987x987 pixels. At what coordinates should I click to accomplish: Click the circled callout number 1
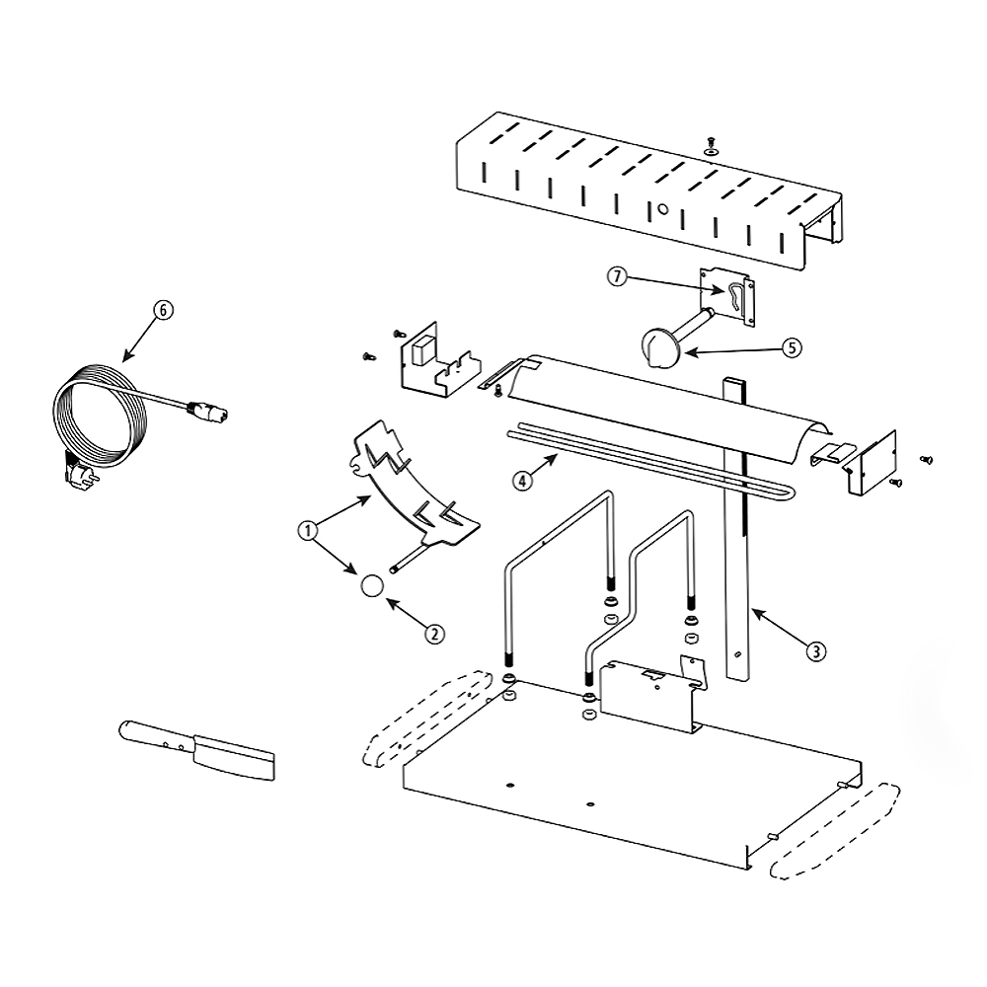[307, 531]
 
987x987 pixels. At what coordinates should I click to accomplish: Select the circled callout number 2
[434, 634]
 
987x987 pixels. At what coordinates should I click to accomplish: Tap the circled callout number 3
[816, 650]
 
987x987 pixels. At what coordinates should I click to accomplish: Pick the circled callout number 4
[522, 481]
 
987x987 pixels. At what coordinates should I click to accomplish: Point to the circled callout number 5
[792, 347]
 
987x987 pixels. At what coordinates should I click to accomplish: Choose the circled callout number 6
[163, 310]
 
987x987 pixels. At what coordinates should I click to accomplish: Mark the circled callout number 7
[618, 275]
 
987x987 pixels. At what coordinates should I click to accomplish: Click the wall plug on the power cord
[81, 470]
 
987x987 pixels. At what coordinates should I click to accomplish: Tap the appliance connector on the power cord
[206, 411]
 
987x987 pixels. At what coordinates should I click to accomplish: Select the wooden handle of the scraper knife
[157, 735]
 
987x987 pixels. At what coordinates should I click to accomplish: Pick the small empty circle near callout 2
[372, 585]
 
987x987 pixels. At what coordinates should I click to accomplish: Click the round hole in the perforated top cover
[662, 208]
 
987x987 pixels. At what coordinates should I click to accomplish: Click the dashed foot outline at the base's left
[426, 718]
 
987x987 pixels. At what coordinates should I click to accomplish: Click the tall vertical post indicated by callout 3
[737, 529]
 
